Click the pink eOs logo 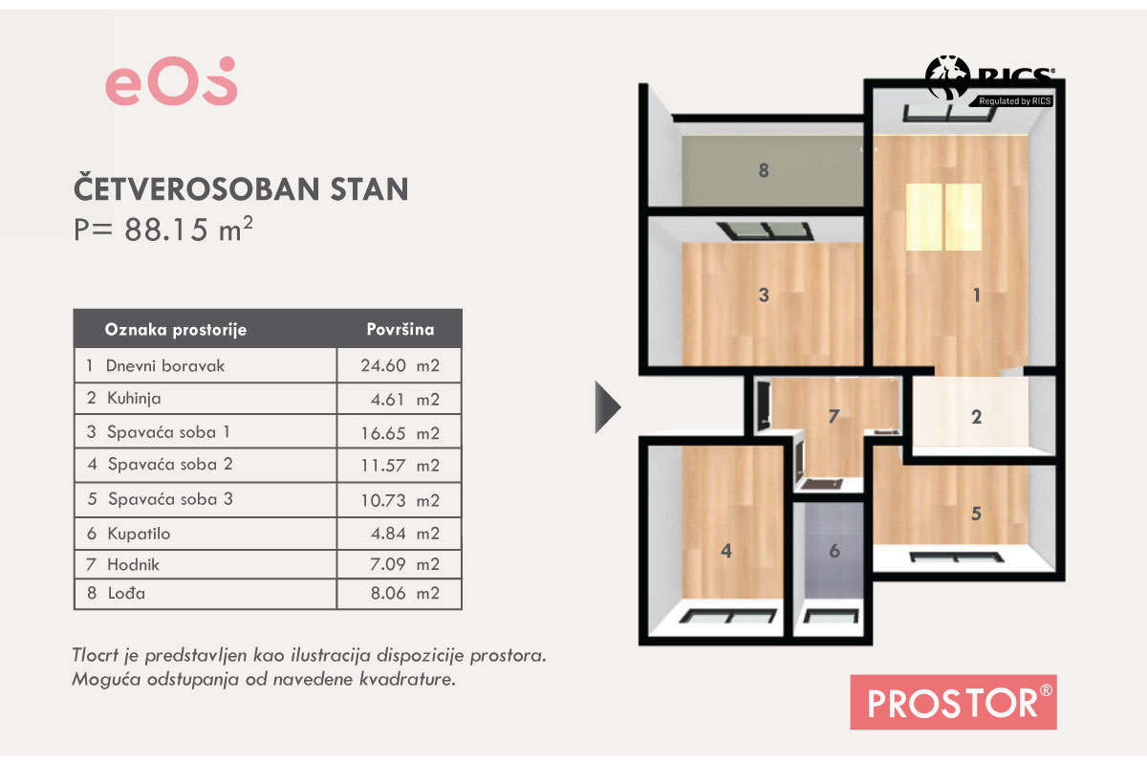(x=171, y=81)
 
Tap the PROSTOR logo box (x=954, y=702)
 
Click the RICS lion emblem (x=947, y=76)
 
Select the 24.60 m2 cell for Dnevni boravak (x=400, y=366)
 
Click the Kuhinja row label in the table (x=134, y=398)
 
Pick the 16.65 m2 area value (x=400, y=433)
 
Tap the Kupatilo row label (x=139, y=534)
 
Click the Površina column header (x=400, y=329)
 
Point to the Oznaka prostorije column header (x=176, y=330)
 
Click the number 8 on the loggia (x=764, y=170)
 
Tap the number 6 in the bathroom (x=834, y=551)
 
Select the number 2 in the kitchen (x=977, y=417)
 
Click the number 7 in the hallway (x=833, y=417)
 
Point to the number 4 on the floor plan (x=726, y=551)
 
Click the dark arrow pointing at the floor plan (x=608, y=407)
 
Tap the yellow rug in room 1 (x=943, y=217)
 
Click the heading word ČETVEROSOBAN (x=197, y=189)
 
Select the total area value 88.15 (x=166, y=229)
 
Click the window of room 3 (x=765, y=231)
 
